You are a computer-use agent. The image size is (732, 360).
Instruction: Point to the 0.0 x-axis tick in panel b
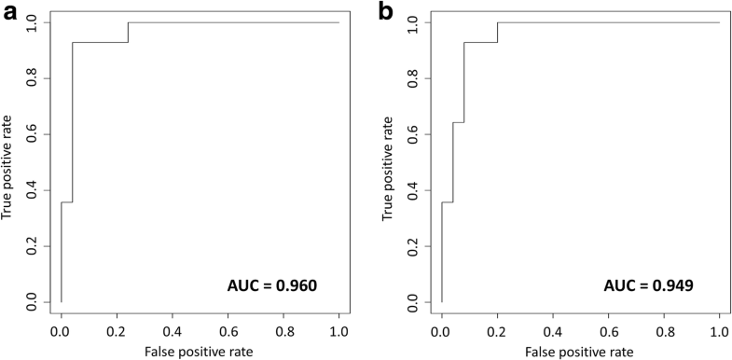pyautogui.click(x=442, y=330)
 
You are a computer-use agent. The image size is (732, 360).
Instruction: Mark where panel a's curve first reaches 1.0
pyautogui.click(x=128, y=22)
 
